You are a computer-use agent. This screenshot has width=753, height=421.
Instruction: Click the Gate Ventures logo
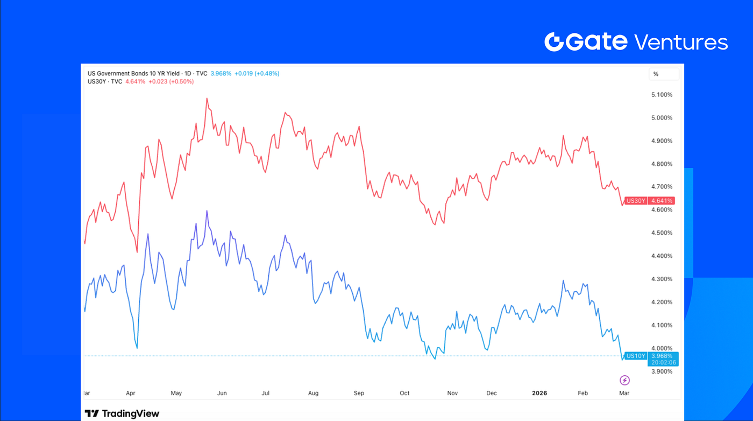click(636, 42)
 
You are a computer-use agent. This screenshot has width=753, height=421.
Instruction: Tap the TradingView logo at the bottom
click(122, 413)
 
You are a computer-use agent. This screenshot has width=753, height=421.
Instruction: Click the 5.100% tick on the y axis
click(662, 95)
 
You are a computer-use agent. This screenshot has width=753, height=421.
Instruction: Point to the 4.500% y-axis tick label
click(662, 233)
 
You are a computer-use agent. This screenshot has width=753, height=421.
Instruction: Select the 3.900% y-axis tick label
click(662, 371)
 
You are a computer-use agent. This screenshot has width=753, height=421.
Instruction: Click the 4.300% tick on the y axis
click(662, 279)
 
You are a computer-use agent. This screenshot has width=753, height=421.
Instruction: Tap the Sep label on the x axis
click(359, 393)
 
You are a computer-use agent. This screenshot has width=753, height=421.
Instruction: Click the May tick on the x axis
click(176, 393)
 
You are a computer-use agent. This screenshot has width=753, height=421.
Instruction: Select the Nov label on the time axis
click(452, 393)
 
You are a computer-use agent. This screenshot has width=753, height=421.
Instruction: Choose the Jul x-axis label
click(266, 393)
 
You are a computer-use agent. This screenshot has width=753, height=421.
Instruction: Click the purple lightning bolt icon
click(624, 381)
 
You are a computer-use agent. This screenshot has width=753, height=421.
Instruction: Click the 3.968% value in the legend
click(221, 73)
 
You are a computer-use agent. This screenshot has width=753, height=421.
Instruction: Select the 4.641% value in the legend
click(135, 81)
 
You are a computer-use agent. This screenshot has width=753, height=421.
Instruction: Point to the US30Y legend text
click(97, 81)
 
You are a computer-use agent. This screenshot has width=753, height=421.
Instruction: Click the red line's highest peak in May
click(207, 99)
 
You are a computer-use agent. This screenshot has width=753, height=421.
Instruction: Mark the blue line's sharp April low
click(137, 348)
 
